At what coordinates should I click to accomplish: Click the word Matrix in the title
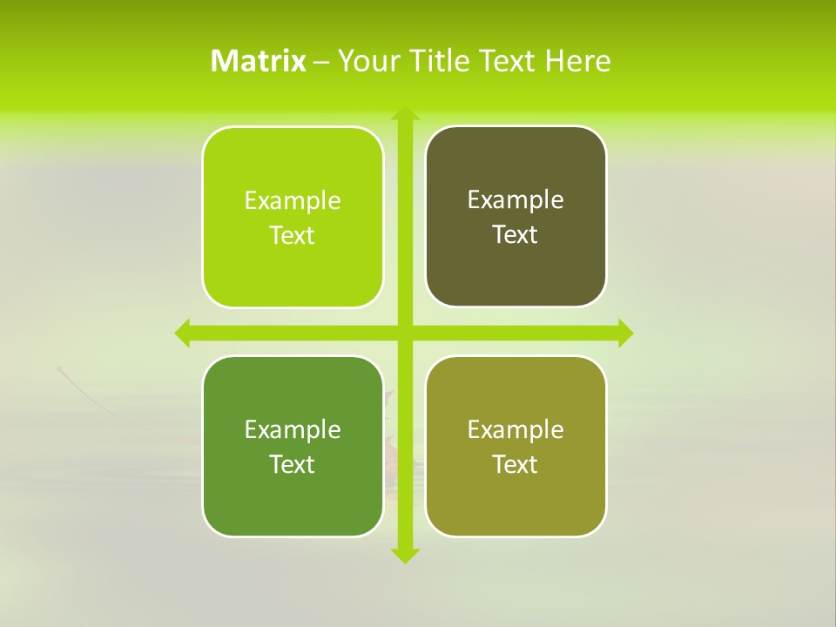tap(258, 61)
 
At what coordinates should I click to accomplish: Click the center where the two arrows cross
tap(404, 333)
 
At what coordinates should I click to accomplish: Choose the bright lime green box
tap(293, 218)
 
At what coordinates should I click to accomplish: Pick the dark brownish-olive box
tap(516, 217)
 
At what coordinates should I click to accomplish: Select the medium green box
tap(293, 446)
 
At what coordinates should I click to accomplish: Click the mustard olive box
tap(516, 446)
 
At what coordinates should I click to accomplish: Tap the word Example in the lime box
tap(293, 201)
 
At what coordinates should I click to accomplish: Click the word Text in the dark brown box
tap(516, 235)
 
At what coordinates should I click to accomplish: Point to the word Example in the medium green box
tap(293, 429)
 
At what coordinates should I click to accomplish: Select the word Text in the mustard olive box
tap(516, 464)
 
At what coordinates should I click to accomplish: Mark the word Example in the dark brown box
tap(516, 200)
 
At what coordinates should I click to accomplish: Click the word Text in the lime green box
tap(293, 236)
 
